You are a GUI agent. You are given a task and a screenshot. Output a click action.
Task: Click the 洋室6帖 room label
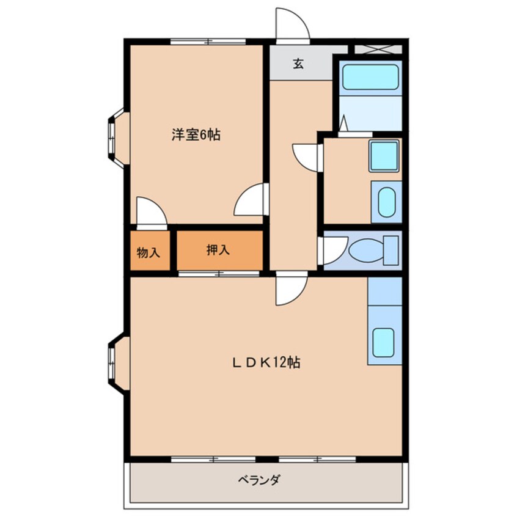[x=195, y=136]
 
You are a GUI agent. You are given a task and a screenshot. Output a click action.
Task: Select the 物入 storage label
[x=148, y=251]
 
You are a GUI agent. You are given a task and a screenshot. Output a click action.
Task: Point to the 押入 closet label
[x=218, y=249]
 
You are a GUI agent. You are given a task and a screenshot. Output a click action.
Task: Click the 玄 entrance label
[x=298, y=64]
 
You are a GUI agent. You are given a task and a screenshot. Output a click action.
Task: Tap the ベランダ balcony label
[x=258, y=480]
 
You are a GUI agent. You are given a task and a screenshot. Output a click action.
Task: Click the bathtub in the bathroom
[x=370, y=78]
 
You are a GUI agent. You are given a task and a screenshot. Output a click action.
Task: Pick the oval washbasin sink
[x=386, y=202]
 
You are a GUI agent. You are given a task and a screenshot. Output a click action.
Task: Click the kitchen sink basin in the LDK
[x=383, y=342]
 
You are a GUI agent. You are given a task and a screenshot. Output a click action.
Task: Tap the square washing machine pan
[x=384, y=156]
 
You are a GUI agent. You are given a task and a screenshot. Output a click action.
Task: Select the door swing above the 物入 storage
[x=150, y=211]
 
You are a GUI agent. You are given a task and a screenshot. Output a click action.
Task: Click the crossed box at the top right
[x=378, y=49]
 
